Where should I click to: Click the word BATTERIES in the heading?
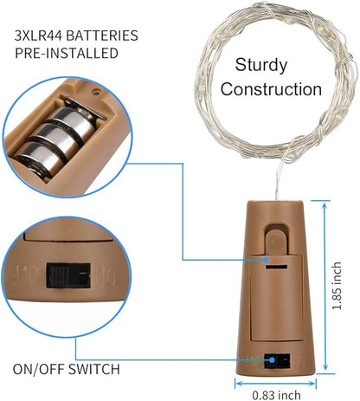click(102, 36)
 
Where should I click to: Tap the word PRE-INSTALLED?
click(67, 54)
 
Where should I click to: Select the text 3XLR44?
click(39, 36)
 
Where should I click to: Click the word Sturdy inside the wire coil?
click(261, 66)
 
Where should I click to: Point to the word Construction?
click(271, 89)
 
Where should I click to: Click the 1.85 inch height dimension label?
click(337, 286)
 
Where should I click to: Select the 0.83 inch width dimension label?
click(276, 395)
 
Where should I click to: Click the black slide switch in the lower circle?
click(68, 275)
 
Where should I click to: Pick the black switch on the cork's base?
click(277, 361)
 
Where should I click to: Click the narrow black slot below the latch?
click(276, 267)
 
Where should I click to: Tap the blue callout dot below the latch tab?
click(267, 260)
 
